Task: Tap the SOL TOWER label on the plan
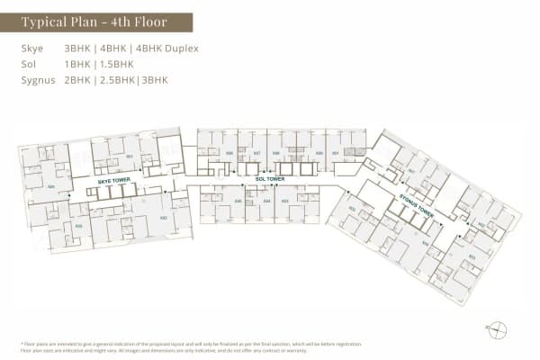pyautogui.click(x=270, y=179)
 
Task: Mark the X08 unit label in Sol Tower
pyautogui.click(x=230, y=153)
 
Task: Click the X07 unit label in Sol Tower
pyautogui.click(x=256, y=153)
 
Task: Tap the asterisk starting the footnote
pyautogui.click(x=21, y=345)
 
